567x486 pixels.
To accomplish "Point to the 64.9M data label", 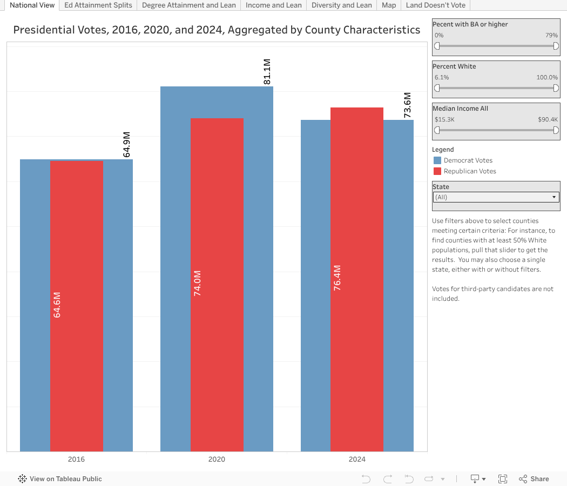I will [x=127, y=145].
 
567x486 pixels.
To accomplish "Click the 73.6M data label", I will [x=408, y=105].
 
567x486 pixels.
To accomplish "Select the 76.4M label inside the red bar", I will [x=337, y=278].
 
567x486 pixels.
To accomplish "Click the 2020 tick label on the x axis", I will [x=217, y=460].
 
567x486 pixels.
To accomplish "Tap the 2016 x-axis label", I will [x=76, y=460].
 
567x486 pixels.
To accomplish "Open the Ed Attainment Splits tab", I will [x=98, y=5].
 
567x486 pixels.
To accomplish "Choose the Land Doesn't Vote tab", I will [x=436, y=5].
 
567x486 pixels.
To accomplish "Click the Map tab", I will [x=389, y=5].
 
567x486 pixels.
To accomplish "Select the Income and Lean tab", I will [x=274, y=5].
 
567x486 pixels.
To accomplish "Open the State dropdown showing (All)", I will [x=496, y=197].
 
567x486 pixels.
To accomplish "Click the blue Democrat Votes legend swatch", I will [x=437, y=160].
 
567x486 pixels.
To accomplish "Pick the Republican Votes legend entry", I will [x=469, y=171].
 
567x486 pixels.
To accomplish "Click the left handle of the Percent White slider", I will [x=437, y=88].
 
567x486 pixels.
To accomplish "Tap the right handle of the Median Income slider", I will [x=556, y=130].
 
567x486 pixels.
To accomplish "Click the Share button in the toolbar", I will [x=534, y=479].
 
